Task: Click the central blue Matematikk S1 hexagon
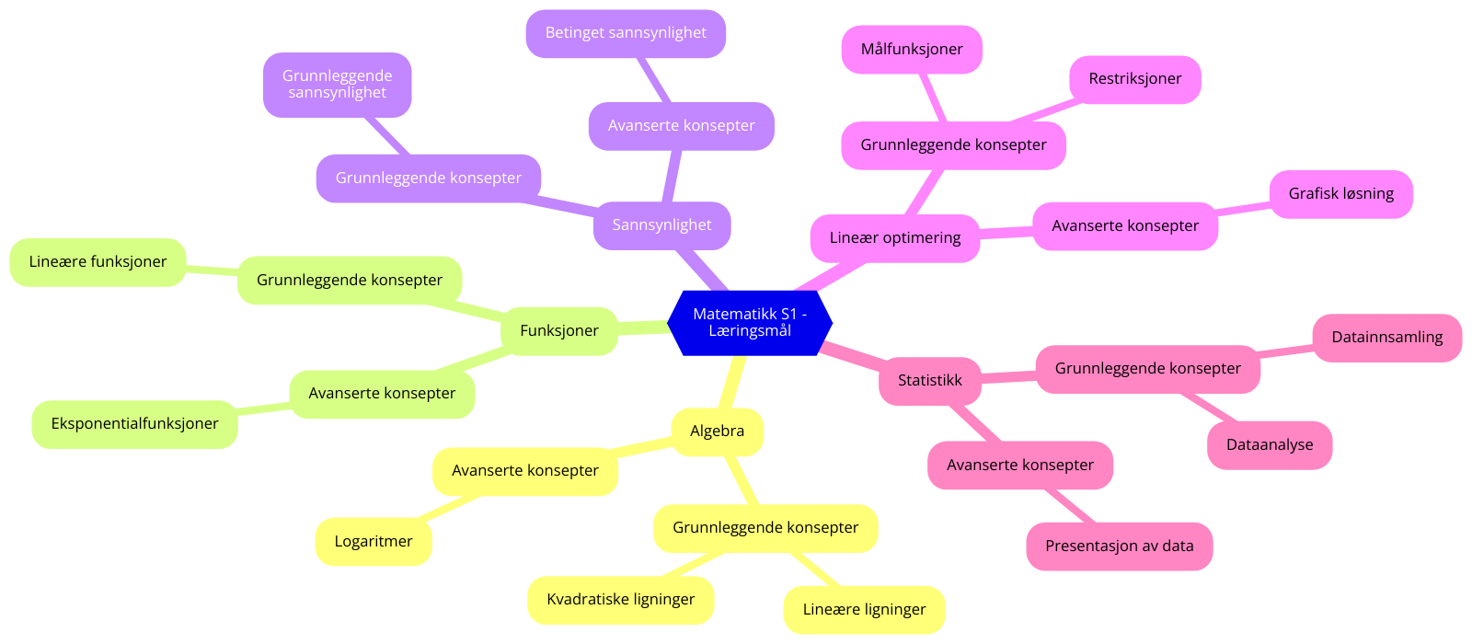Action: (x=750, y=323)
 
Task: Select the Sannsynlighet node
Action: (x=661, y=225)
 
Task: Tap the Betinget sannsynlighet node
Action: (x=626, y=33)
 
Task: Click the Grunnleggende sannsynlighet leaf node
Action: (x=337, y=85)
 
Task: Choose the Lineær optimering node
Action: (x=894, y=238)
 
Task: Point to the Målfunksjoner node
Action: (x=912, y=50)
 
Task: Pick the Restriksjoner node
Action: (x=1134, y=79)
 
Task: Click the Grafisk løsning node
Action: (x=1340, y=194)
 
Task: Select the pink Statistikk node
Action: (x=929, y=381)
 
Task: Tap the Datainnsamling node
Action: (x=1386, y=338)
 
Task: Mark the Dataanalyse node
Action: (x=1270, y=445)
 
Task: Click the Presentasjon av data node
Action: (x=1119, y=546)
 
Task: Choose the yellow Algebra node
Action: (x=717, y=431)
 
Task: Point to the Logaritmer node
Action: (x=373, y=542)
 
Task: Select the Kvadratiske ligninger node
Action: (x=620, y=600)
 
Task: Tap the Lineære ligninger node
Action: (x=864, y=610)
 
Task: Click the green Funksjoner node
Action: (x=558, y=331)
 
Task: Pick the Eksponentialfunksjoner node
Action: (x=134, y=424)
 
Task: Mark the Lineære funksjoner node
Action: (x=98, y=262)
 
